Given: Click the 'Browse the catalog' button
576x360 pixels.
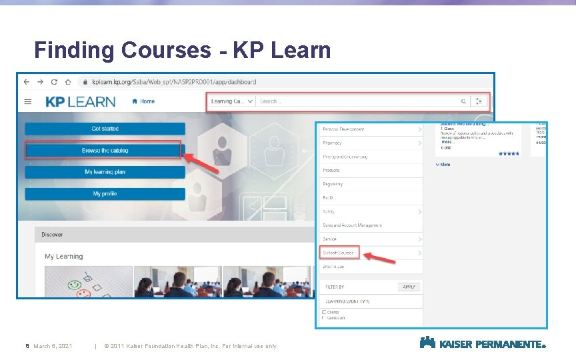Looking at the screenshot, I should coord(105,151).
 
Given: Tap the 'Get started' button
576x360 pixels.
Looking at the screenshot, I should coord(105,129).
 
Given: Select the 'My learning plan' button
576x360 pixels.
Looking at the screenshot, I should coord(105,172).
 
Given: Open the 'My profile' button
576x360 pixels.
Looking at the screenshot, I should coord(105,194).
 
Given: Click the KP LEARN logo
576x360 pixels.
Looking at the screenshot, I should coord(80,101).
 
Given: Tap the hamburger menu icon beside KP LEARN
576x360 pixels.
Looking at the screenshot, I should coord(28,102).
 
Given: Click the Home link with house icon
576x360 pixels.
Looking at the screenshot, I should coord(143,101).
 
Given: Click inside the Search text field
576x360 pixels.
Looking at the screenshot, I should coord(357,101).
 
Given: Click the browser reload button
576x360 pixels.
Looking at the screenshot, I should coord(55,82).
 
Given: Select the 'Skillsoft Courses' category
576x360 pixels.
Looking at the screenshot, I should coord(339,253).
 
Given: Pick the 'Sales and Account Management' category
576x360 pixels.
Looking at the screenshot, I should coord(352,225).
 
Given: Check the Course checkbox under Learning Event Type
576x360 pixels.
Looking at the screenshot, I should coord(324,311).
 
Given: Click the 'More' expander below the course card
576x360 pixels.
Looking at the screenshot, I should coord(443,164).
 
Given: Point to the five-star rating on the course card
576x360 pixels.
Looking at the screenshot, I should coord(509,153).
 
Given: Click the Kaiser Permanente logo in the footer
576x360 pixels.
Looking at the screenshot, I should coord(483,343).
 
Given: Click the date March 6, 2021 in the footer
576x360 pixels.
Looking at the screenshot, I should coord(53,346).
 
